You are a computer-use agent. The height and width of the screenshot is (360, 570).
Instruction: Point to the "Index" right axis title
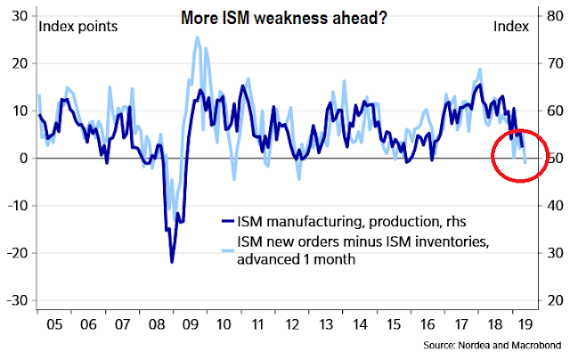(x=510, y=27)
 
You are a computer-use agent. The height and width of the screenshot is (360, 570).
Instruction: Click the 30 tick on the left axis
(x=19, y=16)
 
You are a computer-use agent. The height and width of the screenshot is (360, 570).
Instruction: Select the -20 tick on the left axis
(x=16, y=253)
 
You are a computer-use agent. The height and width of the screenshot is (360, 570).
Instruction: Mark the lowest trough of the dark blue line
(x=172, y=262)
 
